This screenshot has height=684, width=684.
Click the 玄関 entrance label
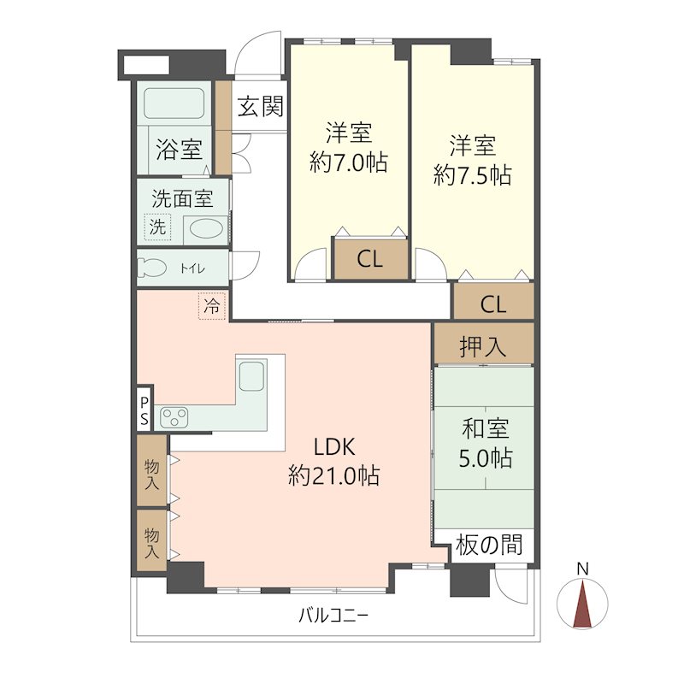[261, 107]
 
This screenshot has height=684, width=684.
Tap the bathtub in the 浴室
[174, 103]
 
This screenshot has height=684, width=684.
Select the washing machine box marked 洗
[157, 227]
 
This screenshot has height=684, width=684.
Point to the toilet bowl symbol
[152, 268]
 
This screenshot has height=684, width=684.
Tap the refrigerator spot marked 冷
[212, 306]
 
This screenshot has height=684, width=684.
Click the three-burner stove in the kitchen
[174, 417]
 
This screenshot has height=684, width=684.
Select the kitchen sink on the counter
[251, 376]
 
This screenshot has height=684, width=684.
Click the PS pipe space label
[144, 411]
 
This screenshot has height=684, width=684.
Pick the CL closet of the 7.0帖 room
[370, 260]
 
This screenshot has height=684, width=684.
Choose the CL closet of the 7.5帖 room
[493, 304]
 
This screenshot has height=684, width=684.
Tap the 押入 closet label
[483, 347]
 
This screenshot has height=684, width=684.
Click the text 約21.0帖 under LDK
[333, 475]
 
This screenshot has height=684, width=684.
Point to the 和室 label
[485, 428]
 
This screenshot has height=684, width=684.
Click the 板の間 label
[488, 545]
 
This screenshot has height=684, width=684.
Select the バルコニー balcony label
[333, 616]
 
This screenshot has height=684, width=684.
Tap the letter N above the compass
[583, 569]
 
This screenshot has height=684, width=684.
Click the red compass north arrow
[583, 604]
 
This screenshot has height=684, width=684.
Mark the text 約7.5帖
[473, 175]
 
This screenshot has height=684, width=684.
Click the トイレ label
[192, 268]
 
